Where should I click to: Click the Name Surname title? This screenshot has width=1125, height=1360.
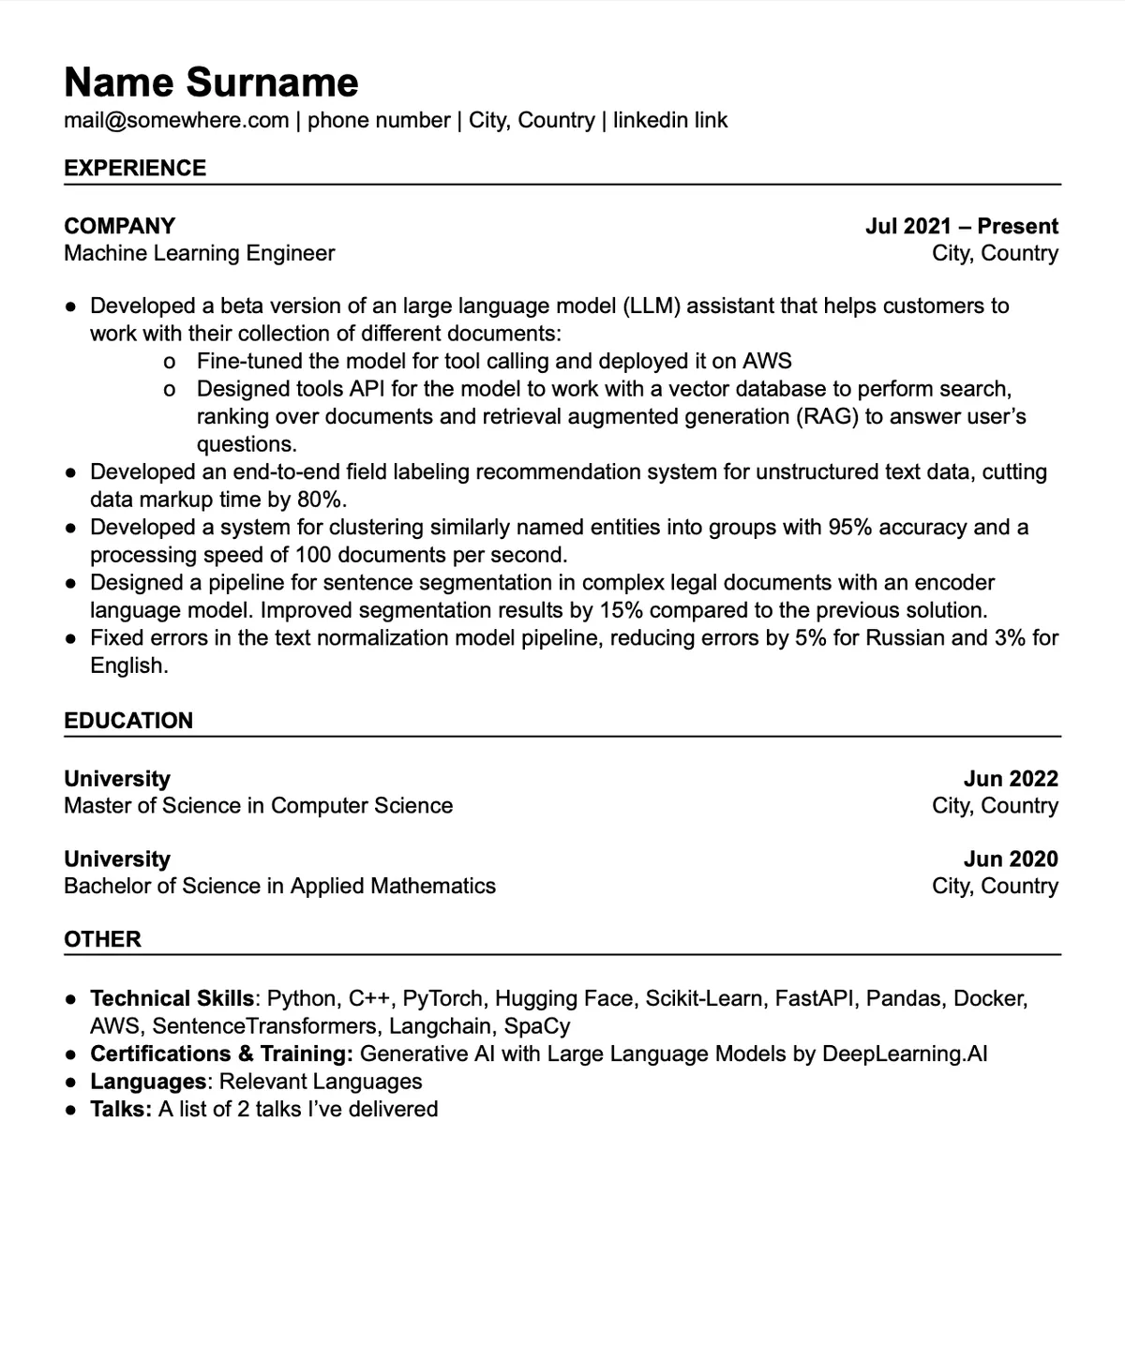pos(211,82)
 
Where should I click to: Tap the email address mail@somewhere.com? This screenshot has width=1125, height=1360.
pos(176,121)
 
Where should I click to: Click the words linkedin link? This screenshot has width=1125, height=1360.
pos(670,121)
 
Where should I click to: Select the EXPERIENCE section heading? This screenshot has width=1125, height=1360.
pos(135,169)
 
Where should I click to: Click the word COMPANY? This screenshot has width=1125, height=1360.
pos(120,227)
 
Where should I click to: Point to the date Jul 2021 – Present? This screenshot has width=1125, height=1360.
pos(961,227)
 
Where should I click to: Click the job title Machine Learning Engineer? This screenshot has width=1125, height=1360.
pos(199,254)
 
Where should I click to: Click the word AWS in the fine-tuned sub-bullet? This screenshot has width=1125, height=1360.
pos(767,362)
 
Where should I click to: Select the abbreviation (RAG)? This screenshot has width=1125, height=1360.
pos(828,417)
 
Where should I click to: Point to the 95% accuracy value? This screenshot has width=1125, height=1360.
pos(850,528)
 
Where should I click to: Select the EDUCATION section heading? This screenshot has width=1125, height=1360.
pos(128,721)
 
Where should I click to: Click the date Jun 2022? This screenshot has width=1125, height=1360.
pos(1011,779)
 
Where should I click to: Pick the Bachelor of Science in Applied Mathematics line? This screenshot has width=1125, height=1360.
pos(279,887)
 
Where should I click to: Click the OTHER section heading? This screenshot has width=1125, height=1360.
pos(102,940)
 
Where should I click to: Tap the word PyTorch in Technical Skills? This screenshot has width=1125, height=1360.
pos(443,999)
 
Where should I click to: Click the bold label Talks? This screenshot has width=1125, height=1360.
pos(121,1110)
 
